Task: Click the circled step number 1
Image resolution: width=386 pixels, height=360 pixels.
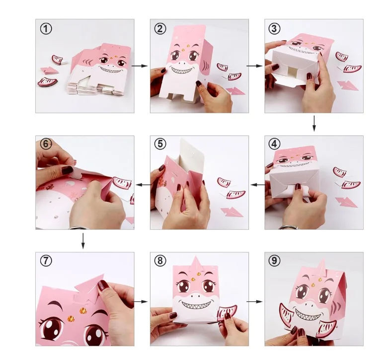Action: [46, 28]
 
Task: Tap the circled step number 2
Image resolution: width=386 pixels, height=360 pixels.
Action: [160, 28]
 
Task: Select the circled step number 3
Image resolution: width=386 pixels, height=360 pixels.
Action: [275, 28]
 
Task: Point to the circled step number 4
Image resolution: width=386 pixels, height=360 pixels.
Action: [275, 144]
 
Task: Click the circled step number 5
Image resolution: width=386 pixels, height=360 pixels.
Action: [160, 144]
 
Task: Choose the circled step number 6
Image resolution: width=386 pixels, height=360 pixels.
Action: [46, 144]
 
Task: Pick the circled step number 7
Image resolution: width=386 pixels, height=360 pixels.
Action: [46, 261]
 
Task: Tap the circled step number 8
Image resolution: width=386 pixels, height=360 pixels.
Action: [160, 261]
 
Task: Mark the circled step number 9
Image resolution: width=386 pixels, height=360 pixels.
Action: [275, 261]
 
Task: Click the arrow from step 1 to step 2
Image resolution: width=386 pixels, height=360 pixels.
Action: [142, 66]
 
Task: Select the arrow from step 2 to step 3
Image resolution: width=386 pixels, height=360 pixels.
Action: [256, 66]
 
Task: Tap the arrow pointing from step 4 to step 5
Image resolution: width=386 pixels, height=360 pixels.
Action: [257, 185]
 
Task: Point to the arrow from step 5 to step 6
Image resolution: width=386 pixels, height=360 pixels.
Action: [143, 185]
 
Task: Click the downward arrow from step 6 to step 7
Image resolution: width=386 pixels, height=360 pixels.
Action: [83, 240]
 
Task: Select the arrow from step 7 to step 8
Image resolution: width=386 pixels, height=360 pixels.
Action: [142, 301]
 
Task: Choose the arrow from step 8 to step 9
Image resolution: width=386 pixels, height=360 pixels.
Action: [256, 301]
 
